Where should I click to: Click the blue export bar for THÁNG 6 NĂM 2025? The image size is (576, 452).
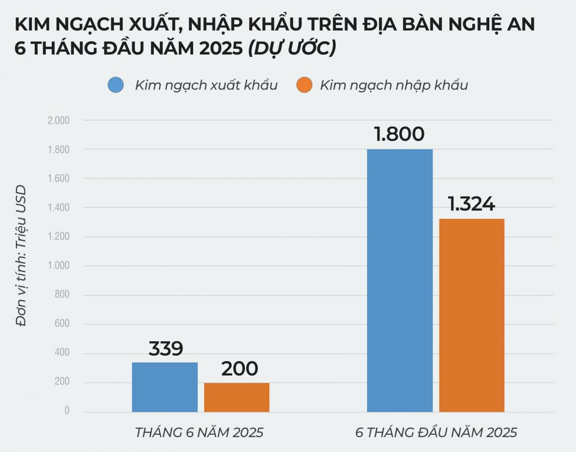pyautogui.click(x=165, y=387)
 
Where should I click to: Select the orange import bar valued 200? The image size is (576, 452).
pyautogui.click(x=237, y=398)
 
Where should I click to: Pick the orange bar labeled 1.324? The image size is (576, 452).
pyautogui.click(x=471, y=315)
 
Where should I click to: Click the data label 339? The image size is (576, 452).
pyautogui.click(x=166, y=349)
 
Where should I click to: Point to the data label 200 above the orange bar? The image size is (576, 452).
pyautogui.click(x=239, y=369)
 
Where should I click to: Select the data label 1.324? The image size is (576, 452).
pyautogui.click(x=471, y=204)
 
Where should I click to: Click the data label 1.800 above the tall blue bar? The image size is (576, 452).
pyautogui.click(x=399, y=134)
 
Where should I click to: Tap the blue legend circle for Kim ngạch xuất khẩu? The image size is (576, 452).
pyautogui.click(x=116, y=85)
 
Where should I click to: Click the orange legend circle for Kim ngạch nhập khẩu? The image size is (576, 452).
pyautogui.click(x=304, y=85)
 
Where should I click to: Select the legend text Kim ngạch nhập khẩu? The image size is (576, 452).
pyautogui.click(x=394, y=85)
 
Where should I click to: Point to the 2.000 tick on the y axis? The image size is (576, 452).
pyautogui.click(x=58, y=120)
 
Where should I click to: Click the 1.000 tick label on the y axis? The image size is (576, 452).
pyautogui.click(x=58, y=266)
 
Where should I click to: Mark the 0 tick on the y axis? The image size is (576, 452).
pyautogui.click(x=67, y=411)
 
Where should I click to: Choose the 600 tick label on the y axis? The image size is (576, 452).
pyautogui.click(x=62, y=324)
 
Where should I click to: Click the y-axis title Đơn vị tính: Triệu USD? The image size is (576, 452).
pyautogui.click(x=21, y=256)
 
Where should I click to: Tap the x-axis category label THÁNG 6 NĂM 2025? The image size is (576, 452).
pyautogui.click(x=199, y=433)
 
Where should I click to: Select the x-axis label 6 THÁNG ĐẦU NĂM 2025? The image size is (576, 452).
pyautogui.click(x=436, y=433)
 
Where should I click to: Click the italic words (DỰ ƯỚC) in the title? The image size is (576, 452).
pyautogui.click(x=292, y=48)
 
